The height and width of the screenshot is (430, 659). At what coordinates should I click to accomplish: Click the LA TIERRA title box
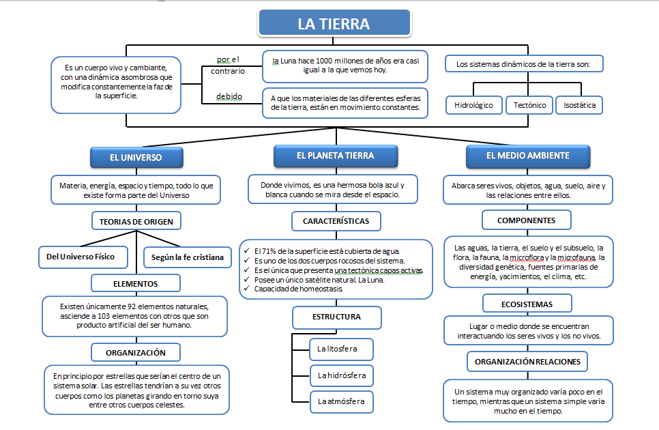click(334, 24)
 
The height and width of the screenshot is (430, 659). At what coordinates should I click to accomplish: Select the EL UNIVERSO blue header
click(136, 158)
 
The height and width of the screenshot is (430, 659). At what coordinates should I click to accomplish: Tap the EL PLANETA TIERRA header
click(335, 156)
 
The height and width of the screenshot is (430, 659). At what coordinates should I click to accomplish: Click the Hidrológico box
click(473, 105)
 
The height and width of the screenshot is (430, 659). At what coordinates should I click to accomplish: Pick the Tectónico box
click(529, 105)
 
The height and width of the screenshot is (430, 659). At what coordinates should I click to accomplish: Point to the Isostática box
click(579, 105)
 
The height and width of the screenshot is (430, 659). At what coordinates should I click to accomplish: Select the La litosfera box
click(341, 349)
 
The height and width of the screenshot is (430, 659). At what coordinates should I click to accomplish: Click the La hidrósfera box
click(341, 375)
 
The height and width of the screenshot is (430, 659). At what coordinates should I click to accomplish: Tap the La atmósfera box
click(341, 401)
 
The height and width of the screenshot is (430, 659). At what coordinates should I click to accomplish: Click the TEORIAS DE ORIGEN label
click(136, 221)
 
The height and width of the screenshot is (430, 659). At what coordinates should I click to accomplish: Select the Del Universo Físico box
click(85, 257)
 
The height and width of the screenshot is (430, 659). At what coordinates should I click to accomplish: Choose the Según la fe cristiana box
click(184, 257)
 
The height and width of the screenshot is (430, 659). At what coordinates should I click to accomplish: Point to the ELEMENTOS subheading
click(136, 283)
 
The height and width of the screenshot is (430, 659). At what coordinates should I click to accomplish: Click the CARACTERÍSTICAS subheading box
click(336, 221)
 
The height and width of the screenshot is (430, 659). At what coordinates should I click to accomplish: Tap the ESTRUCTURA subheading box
click(336, 317)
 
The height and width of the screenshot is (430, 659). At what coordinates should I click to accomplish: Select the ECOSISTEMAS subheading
click(527, 303)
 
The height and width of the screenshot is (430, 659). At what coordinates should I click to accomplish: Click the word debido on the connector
click(229, 96)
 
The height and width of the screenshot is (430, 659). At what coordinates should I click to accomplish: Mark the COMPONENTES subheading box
click(526, 220)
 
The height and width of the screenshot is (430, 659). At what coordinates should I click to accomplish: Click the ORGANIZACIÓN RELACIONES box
click(527, 361)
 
